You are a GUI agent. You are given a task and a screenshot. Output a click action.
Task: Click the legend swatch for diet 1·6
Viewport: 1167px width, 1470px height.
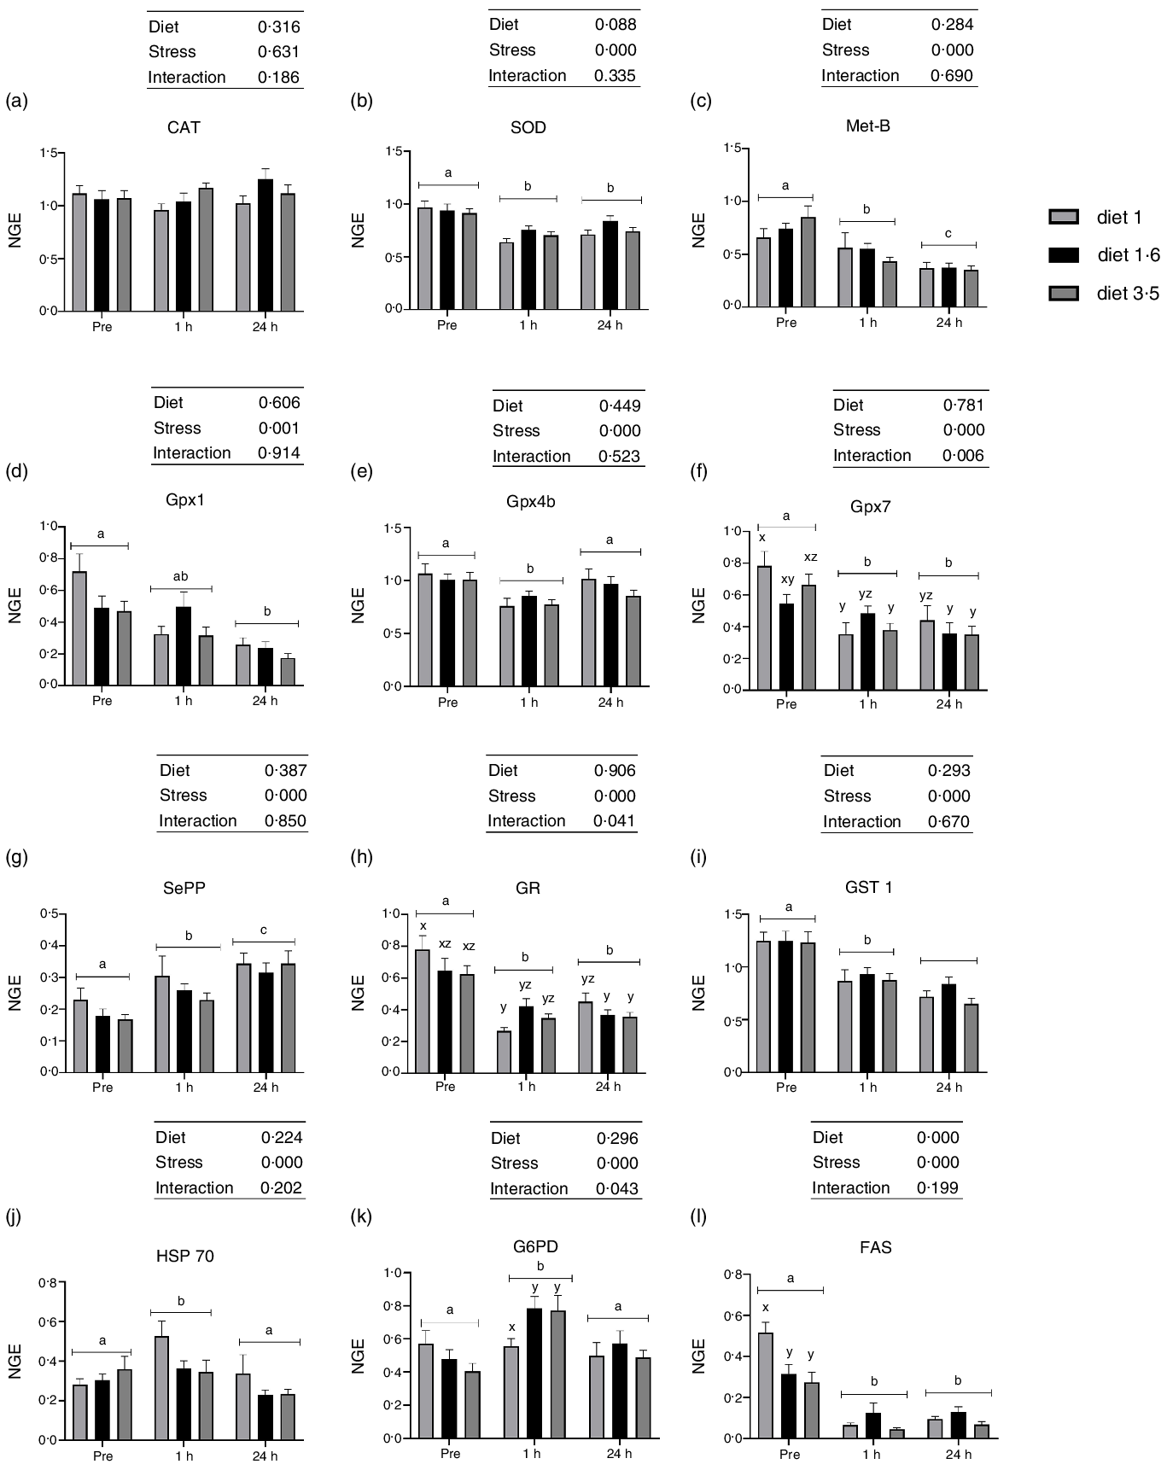click(1064, 255)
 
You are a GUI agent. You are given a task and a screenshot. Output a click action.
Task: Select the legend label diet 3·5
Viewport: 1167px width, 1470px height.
click(1128, 295)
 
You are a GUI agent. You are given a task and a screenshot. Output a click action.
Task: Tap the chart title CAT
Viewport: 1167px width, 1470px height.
click(184, 128)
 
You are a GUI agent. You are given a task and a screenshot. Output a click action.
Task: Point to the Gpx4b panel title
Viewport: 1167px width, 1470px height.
click(530, 501)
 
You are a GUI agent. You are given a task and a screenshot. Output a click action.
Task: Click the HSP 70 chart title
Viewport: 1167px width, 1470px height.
click(185, 1256)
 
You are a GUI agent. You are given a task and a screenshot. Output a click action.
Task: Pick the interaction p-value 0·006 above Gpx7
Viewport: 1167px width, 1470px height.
click(964, 455)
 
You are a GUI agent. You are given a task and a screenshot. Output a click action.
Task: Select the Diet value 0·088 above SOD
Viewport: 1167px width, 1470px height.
click(616, 25)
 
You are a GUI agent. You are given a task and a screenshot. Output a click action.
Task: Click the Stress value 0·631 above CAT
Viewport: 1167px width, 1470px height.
click(279, 52)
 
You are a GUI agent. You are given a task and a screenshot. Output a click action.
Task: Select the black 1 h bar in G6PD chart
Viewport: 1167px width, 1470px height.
click(535, 1373)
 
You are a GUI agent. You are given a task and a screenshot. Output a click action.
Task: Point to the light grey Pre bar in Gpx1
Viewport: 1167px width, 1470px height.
click(79, 628)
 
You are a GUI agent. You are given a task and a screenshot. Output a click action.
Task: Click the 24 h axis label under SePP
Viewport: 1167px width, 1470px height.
click(265, 1088)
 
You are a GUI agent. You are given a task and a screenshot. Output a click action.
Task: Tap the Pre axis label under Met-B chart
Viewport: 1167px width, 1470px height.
click(786, 323)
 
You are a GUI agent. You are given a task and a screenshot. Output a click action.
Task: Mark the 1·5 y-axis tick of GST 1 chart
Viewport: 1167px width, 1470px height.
click(732, 914)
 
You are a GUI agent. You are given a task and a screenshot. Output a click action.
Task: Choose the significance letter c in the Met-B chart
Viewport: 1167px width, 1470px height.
click(948, 234)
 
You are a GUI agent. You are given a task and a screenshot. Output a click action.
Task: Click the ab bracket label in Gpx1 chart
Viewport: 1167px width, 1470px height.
click(181, 576)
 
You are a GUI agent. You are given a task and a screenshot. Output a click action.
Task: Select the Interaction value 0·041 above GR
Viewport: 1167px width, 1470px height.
click(615, 821)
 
